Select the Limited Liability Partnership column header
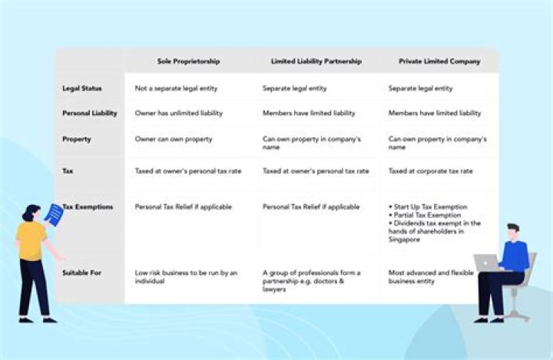(x=316, y=61)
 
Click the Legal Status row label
(x=81, y=88)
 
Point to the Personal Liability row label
(x=89, y=113)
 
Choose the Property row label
(x=77, y=139)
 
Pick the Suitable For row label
(x=82, y=272)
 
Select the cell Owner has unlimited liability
(x=178, y=113)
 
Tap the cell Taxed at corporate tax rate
(x=430, y=170)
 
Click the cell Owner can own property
(x=174, y=139)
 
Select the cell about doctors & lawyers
(x=311, y=281)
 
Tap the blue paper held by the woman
(x=54, y=213)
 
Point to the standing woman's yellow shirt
(x=31, y=240)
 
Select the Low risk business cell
(x=186, y=276)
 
